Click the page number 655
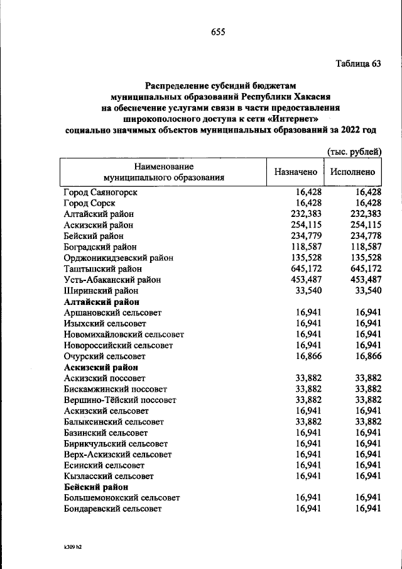[x=217, y=32]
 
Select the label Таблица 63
[x=358, y=64]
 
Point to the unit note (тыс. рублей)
[x=354, y=152]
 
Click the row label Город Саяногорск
[x=100, y=192]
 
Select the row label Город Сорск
[x=90, y=202]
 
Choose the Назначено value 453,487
[x=308, y=279]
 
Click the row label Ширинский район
[x=100, y=290]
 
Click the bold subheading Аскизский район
[x=100, y=367]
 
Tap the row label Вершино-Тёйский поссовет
[x=119, y=400]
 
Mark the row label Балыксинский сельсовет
[x=114, y=422]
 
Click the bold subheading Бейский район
[x=96, y=487]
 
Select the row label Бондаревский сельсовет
[x=112, y=508]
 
